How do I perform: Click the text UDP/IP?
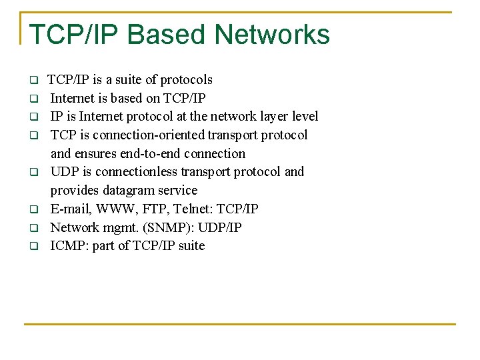pyautogui.click(x=221, y=228)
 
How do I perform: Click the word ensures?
pyautogui.click(x=95, y=153)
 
